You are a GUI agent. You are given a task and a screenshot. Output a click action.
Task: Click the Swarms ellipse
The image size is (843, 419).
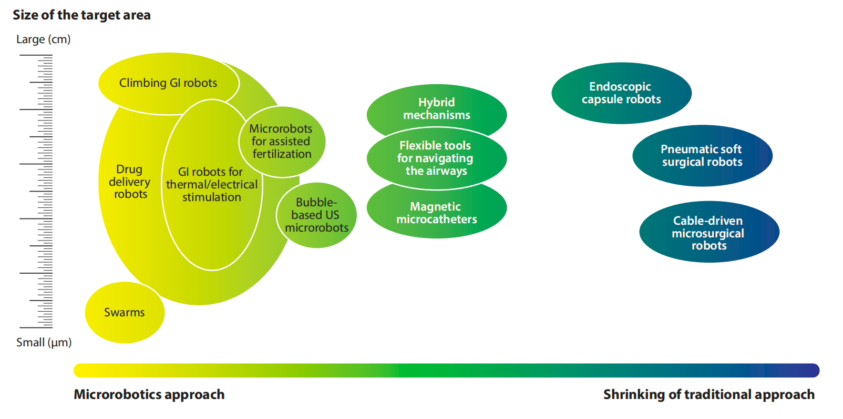pyautogui.click(x=125, y=312)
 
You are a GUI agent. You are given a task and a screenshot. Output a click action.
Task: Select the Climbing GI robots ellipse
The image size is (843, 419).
pyautogui.click(x=169, y=83)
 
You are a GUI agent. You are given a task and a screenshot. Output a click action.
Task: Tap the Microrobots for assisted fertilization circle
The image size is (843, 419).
pyautogui.click(x=282, y=142)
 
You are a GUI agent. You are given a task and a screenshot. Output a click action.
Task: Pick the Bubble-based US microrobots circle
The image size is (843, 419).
pyautogui.click(x=316, y=215)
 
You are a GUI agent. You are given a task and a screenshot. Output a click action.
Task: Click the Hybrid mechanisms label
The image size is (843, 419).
pyautogui.click(x=437, y=108)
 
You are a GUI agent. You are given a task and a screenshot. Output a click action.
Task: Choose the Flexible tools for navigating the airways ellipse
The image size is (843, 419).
pyautogui.click(x=437, y=158)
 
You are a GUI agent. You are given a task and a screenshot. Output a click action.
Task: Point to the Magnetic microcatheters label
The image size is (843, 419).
pyautogui.click(x=437, y=213)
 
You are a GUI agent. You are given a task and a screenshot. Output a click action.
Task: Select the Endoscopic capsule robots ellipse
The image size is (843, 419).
pyautogui.click(x=621, y=93)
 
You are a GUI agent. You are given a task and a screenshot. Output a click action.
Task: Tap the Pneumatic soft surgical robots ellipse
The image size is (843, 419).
pyautogui.click(x=702, y=156)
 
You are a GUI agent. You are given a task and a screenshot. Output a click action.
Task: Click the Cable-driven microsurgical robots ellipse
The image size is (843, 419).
pyautogui.click(x=709, y=232)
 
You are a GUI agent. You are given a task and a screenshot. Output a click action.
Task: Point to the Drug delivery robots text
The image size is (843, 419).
pyautogui.click(x=129, y=182)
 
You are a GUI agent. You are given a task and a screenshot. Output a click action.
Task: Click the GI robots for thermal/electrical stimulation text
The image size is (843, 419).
pyautogui.click(x=211, y=184)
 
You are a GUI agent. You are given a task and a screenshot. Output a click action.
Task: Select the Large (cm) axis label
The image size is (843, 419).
pyautogui.click(x=43, y=39)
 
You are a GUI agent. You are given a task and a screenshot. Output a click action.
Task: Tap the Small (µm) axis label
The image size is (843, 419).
pyautogui.click(x=44, y=342)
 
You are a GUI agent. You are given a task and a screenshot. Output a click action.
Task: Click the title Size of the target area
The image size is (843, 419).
pyautogui.click(x=81, y=15)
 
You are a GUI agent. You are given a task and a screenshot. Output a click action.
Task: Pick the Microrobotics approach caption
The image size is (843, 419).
pyautogui.click(x=149, y=394)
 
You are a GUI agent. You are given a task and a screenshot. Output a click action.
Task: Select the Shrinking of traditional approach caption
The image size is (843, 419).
pyautogui.click(x=709, y=394)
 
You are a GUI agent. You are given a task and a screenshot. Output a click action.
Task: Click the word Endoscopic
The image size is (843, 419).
pyautogui.click(x=620, y=87)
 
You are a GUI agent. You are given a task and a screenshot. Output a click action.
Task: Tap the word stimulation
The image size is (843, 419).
pyautogui.click(x=211, y=197)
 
